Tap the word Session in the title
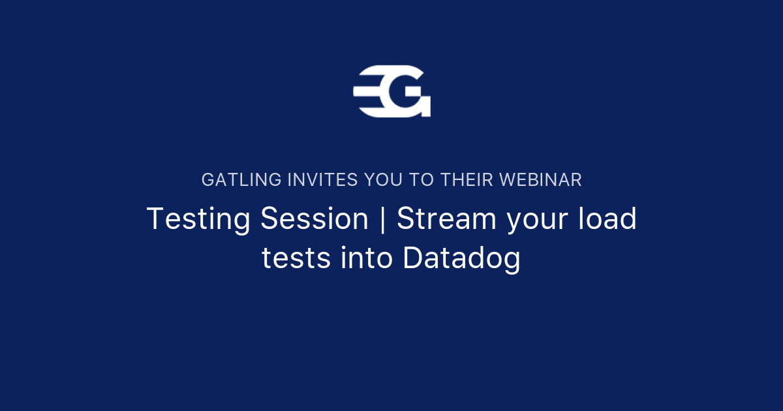point(315,219)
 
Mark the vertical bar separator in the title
point(383,220)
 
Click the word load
point(609,219)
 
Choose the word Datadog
point(461,259)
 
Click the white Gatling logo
point(391,91)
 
